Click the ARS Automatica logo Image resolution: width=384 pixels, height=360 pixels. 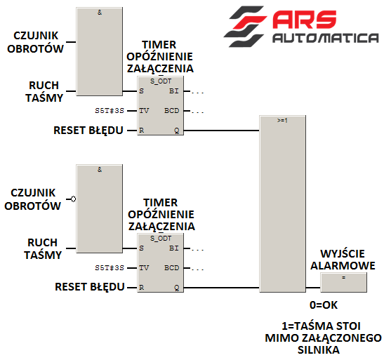[x=301, y=27]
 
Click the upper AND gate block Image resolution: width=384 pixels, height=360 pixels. [x=100, y=51]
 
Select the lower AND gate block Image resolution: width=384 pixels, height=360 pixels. [x=100, y=208]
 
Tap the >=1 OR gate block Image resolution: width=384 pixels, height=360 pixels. [x=283, y=204]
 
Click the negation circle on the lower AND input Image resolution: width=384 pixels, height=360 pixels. [x=73, y=199]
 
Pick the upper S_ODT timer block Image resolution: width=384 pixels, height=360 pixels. [x=160, y=106]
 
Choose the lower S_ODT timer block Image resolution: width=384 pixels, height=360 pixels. [x=160, y=263]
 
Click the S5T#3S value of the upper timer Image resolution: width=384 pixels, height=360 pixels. [x=110, y=111]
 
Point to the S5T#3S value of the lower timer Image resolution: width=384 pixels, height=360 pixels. [x=110, y=268]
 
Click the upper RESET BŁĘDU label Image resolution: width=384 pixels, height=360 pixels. [x=88, y=131]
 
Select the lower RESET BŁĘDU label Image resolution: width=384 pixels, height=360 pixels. [x=90, y=287]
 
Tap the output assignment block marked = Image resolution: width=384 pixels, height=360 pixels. [x=343, y=282]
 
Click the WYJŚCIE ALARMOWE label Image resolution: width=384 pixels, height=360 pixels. [x=343, y=260]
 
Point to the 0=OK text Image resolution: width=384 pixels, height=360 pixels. [x=324, y=305]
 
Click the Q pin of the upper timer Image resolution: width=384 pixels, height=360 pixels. [x=177, y=131]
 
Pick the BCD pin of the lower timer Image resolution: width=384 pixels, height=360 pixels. [x=172, y=268]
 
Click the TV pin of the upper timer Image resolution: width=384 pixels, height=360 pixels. [x=144, y=111]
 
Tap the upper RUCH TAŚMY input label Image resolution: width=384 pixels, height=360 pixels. [x=44, y=91]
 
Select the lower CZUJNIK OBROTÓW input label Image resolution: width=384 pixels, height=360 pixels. [x=32, y=199]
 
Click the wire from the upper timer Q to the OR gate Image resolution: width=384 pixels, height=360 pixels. [x=221, y=131]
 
